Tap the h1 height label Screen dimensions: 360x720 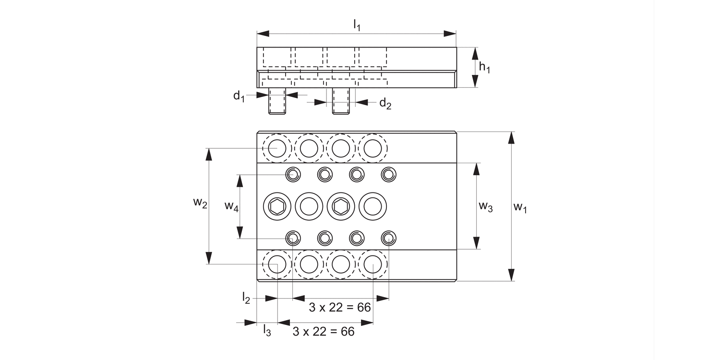point(485,68)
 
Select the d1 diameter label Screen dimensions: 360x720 point(239,96)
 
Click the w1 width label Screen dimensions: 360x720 point(520,207)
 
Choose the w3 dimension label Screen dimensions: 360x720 point(486,207)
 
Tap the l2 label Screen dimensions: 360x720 point(246,298)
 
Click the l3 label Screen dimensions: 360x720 point(267,330)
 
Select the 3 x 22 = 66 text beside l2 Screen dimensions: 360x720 point(340,307)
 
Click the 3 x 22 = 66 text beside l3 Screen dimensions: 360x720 point(324,331)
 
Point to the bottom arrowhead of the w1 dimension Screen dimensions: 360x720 point(511,275)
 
